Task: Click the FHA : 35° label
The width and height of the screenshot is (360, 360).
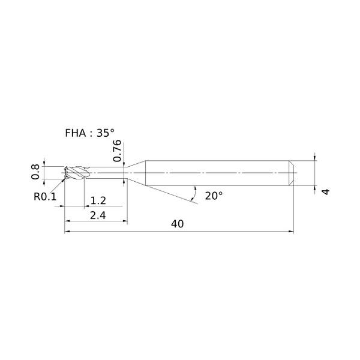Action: (90, 133)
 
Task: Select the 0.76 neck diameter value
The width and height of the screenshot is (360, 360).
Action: (117, 151)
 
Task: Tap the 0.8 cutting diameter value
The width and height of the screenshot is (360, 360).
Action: (35, 172)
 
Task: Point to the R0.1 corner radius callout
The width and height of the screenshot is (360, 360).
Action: (45, 197)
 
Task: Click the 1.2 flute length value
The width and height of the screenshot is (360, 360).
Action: (98, 200)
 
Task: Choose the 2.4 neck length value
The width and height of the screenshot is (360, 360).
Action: (98, 215)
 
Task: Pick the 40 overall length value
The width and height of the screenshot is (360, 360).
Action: (177, 224)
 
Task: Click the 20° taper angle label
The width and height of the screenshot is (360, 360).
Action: (214, 196)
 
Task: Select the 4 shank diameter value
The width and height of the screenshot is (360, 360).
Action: (326, 191)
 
